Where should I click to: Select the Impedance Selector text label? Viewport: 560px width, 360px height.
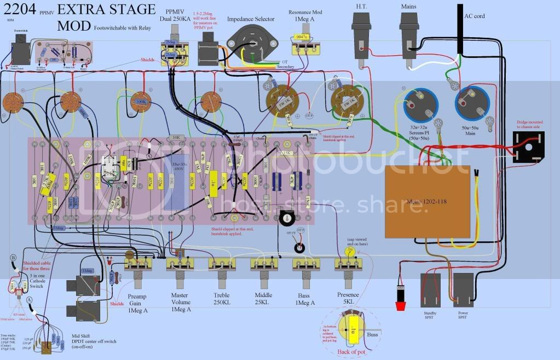[251, 19]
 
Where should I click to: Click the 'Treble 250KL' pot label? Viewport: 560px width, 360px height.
[222, 299]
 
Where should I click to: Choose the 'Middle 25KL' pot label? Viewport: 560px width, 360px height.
[263, 299]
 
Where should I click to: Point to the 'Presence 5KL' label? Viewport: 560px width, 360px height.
[348, 299]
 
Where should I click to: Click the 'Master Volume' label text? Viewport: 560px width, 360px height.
[180, 299]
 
